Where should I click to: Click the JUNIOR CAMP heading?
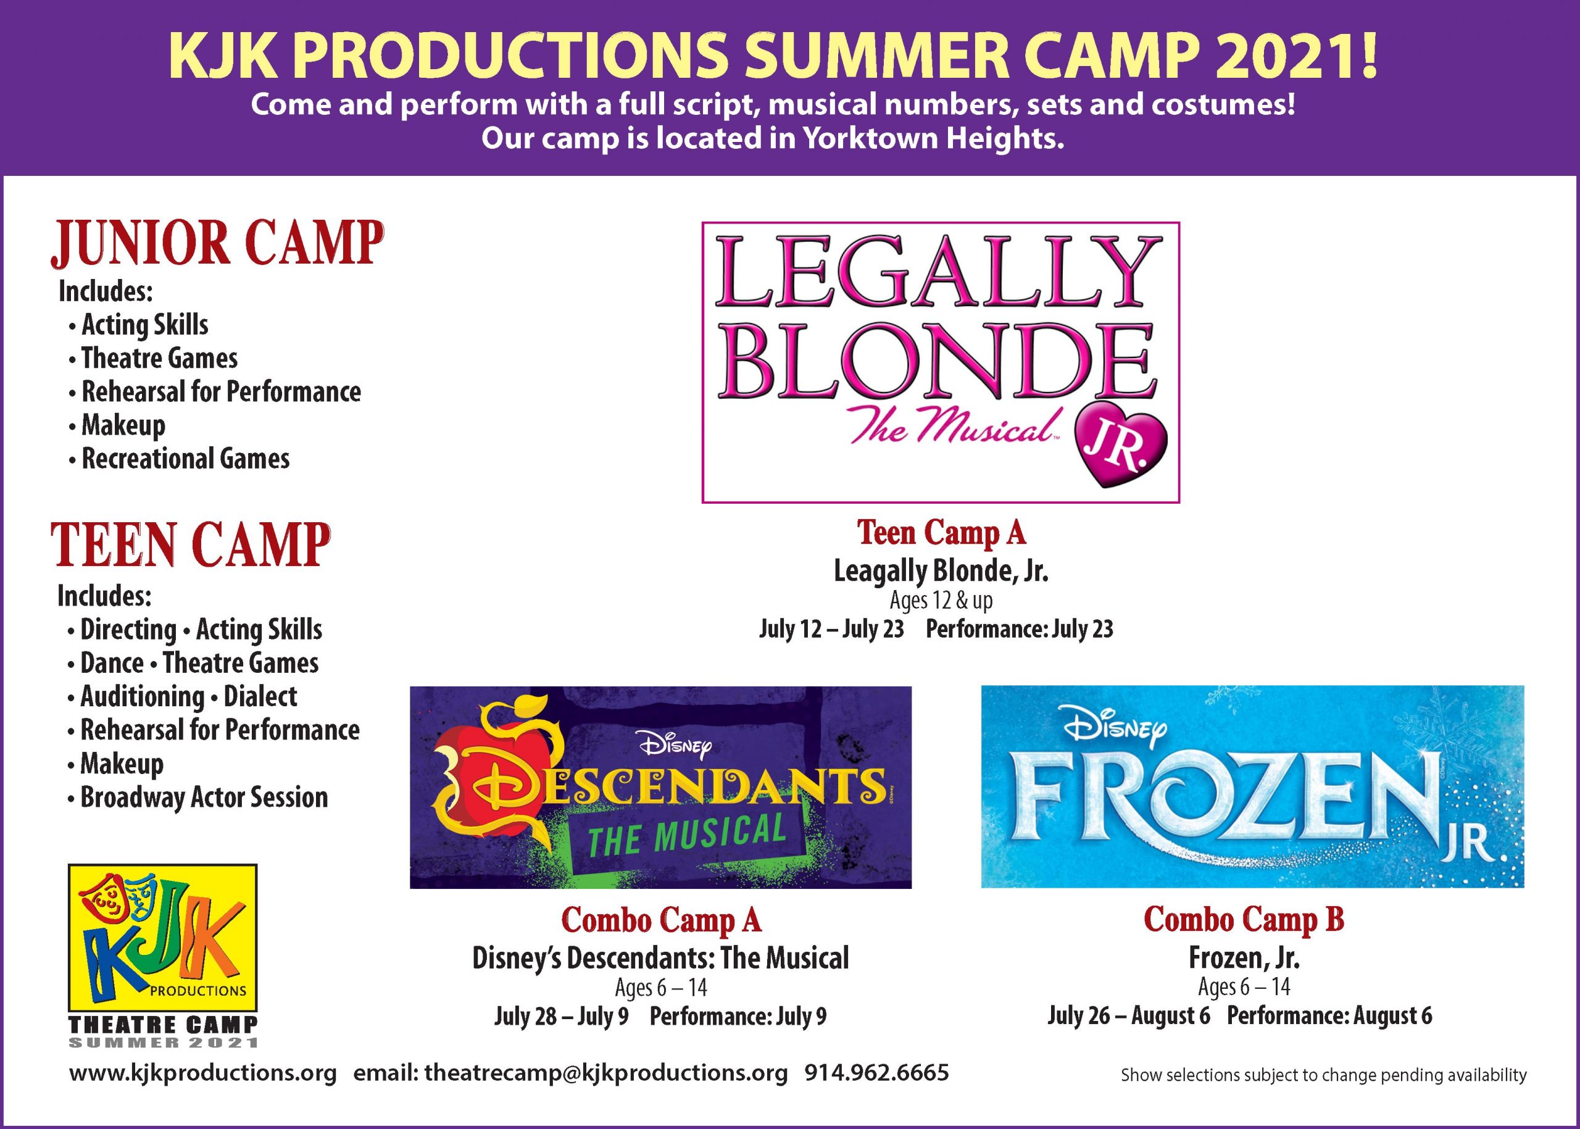pyautogui.click(x=216, y=244)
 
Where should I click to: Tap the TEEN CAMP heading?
pyautogui.click(x=191, y=546)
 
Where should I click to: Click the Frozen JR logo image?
pyautogui.click(x=1252, y=787)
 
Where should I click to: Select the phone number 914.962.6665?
pyautogui.click(x=876, y=1073)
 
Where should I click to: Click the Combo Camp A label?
pyautogui.click(x=661, y=920)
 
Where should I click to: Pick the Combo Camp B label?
pyautogui.click(x=1244, y=919)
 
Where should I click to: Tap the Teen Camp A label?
pyautogui.click(x=941, y=533)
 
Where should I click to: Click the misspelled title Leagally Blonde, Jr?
pyautogui.click(x=941, y=572)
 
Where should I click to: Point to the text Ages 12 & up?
pyautogui.click(x=941, y=601)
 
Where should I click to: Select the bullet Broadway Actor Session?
pyautogui.click(x=198, y=798)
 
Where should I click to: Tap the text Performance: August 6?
pyautogui.click(x=1329, y=1017)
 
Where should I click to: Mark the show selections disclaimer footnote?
pyautogui.click(x=1323, y=1075)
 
